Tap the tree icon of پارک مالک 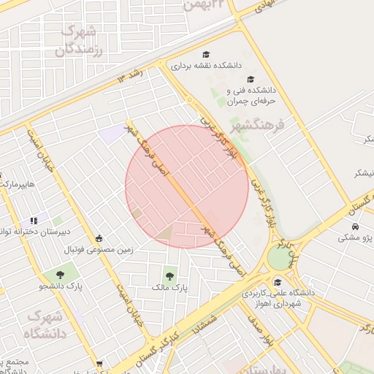pos(170,276)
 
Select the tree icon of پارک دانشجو pos(60,275)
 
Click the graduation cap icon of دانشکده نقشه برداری pos(207,55)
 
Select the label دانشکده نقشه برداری pos(207,66)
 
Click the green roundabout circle pos(278,257)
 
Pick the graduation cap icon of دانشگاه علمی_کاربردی pos(277,283)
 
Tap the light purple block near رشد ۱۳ pos(113,134)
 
